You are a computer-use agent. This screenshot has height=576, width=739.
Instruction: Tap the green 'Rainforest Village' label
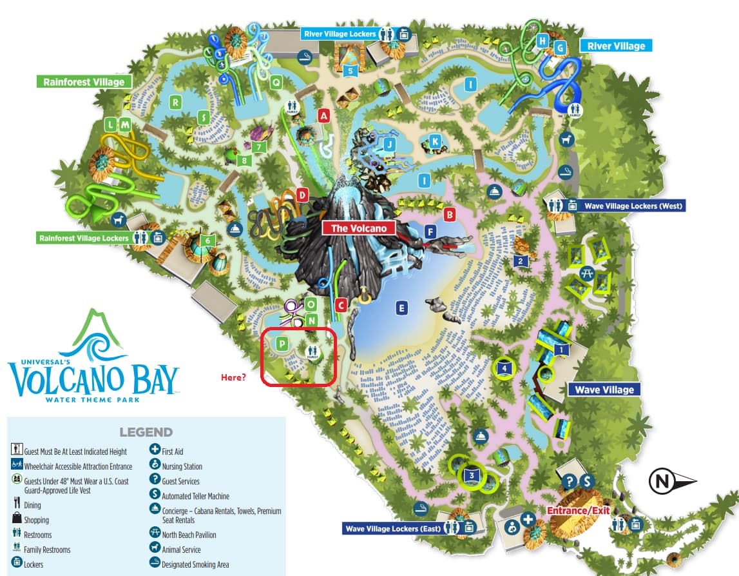pyautogui.click(x=84, y=82)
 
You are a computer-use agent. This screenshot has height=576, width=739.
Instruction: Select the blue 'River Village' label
pyautogui.click(x=616, y=46)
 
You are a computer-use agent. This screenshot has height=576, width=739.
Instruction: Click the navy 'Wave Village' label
pyautogui.click(x=604, y=390)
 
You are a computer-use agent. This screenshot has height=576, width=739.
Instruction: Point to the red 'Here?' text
pyautogui.click(x=233, y=377)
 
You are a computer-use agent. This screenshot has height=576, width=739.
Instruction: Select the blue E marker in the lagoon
pyautogui.click(x=402, y=308)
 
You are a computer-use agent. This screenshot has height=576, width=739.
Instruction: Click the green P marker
pyautogui.click(x=282, y=344)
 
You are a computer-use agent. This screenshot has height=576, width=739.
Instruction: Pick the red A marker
pyautogui.click(x=324, y=115)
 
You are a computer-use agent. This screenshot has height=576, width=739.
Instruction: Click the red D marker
pyautogui.click(x=301, y=194)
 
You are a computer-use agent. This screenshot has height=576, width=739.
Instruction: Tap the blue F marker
pyautogui.click(x=430, y=231)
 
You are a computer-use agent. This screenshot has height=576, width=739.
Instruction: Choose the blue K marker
pyautogui.click(x=436, y=141)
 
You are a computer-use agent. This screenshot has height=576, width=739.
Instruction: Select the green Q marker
pyautogui.click(x=276, y=81)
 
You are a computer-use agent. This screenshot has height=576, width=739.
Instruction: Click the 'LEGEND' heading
pyautogui.click(x=146, y=432)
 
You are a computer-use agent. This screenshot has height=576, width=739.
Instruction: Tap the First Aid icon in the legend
pyautogui.click(x=155, y=451)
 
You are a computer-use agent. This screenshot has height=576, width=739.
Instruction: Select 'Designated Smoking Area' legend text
pyautogui.click(x=195, y=564)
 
